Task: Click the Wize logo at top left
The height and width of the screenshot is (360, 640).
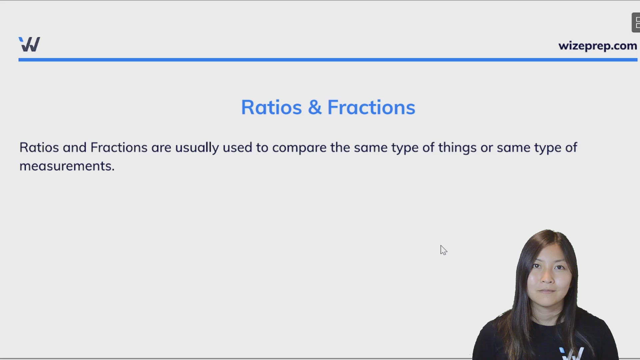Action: (29, 44)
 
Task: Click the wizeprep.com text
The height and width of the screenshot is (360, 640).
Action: (598, 46)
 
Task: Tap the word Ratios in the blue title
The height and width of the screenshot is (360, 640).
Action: (271, 107)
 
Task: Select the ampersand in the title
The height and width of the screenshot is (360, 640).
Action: (315, 107)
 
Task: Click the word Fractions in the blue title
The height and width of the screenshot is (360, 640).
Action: (371, 107)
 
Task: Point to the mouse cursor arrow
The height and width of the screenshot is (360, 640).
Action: (443, 250)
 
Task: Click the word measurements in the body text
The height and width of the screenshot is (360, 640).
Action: (65, 166)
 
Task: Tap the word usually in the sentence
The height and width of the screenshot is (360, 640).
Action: (197, 148)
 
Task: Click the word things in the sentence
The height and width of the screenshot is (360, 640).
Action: (457, 148)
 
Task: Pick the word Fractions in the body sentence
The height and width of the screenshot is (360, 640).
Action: (119, 147)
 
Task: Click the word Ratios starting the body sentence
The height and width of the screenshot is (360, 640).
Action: (39, 147)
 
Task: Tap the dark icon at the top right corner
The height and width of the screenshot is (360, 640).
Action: (636, 23)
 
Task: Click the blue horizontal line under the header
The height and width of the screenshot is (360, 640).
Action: (328, 60)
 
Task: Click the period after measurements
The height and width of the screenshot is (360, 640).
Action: (113, 170)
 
